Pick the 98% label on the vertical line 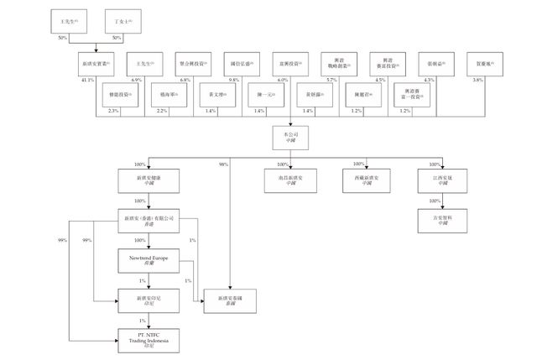pos(224,164)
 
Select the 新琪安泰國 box pos(229,300)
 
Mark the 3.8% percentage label pos(477,79)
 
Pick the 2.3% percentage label pos(114,111)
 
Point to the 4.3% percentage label pos(429,79)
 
